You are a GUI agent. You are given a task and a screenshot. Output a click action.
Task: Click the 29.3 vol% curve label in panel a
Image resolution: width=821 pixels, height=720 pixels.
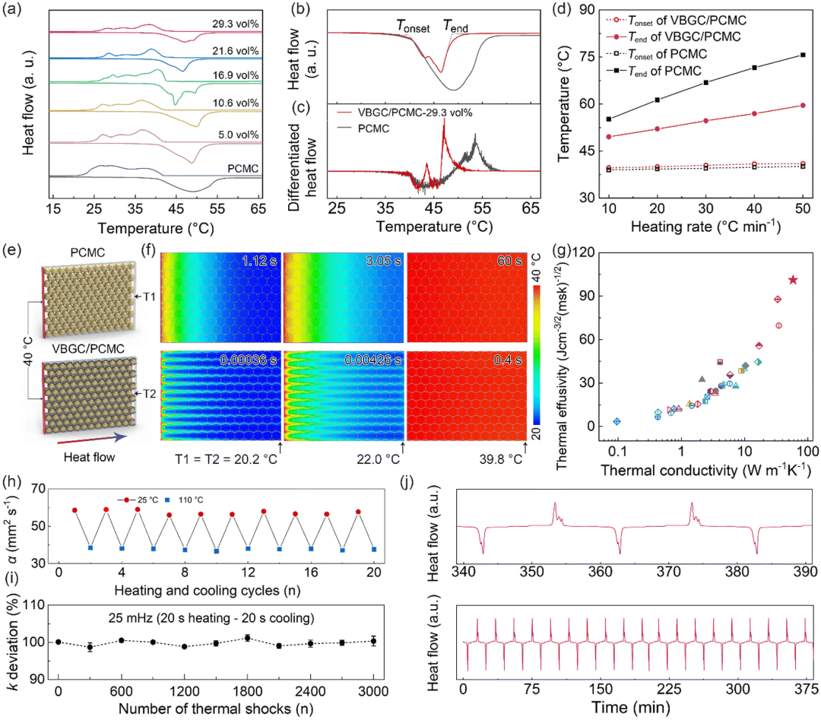click(x=236, y=23)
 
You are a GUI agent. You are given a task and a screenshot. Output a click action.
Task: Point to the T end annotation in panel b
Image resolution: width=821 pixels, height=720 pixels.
click(x=455, y=28)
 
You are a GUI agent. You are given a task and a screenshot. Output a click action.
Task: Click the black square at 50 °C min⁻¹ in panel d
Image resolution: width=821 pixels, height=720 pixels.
click(x=803, y=55)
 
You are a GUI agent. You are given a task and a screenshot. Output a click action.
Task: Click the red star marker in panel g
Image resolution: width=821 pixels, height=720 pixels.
click(x=793, y=280)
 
